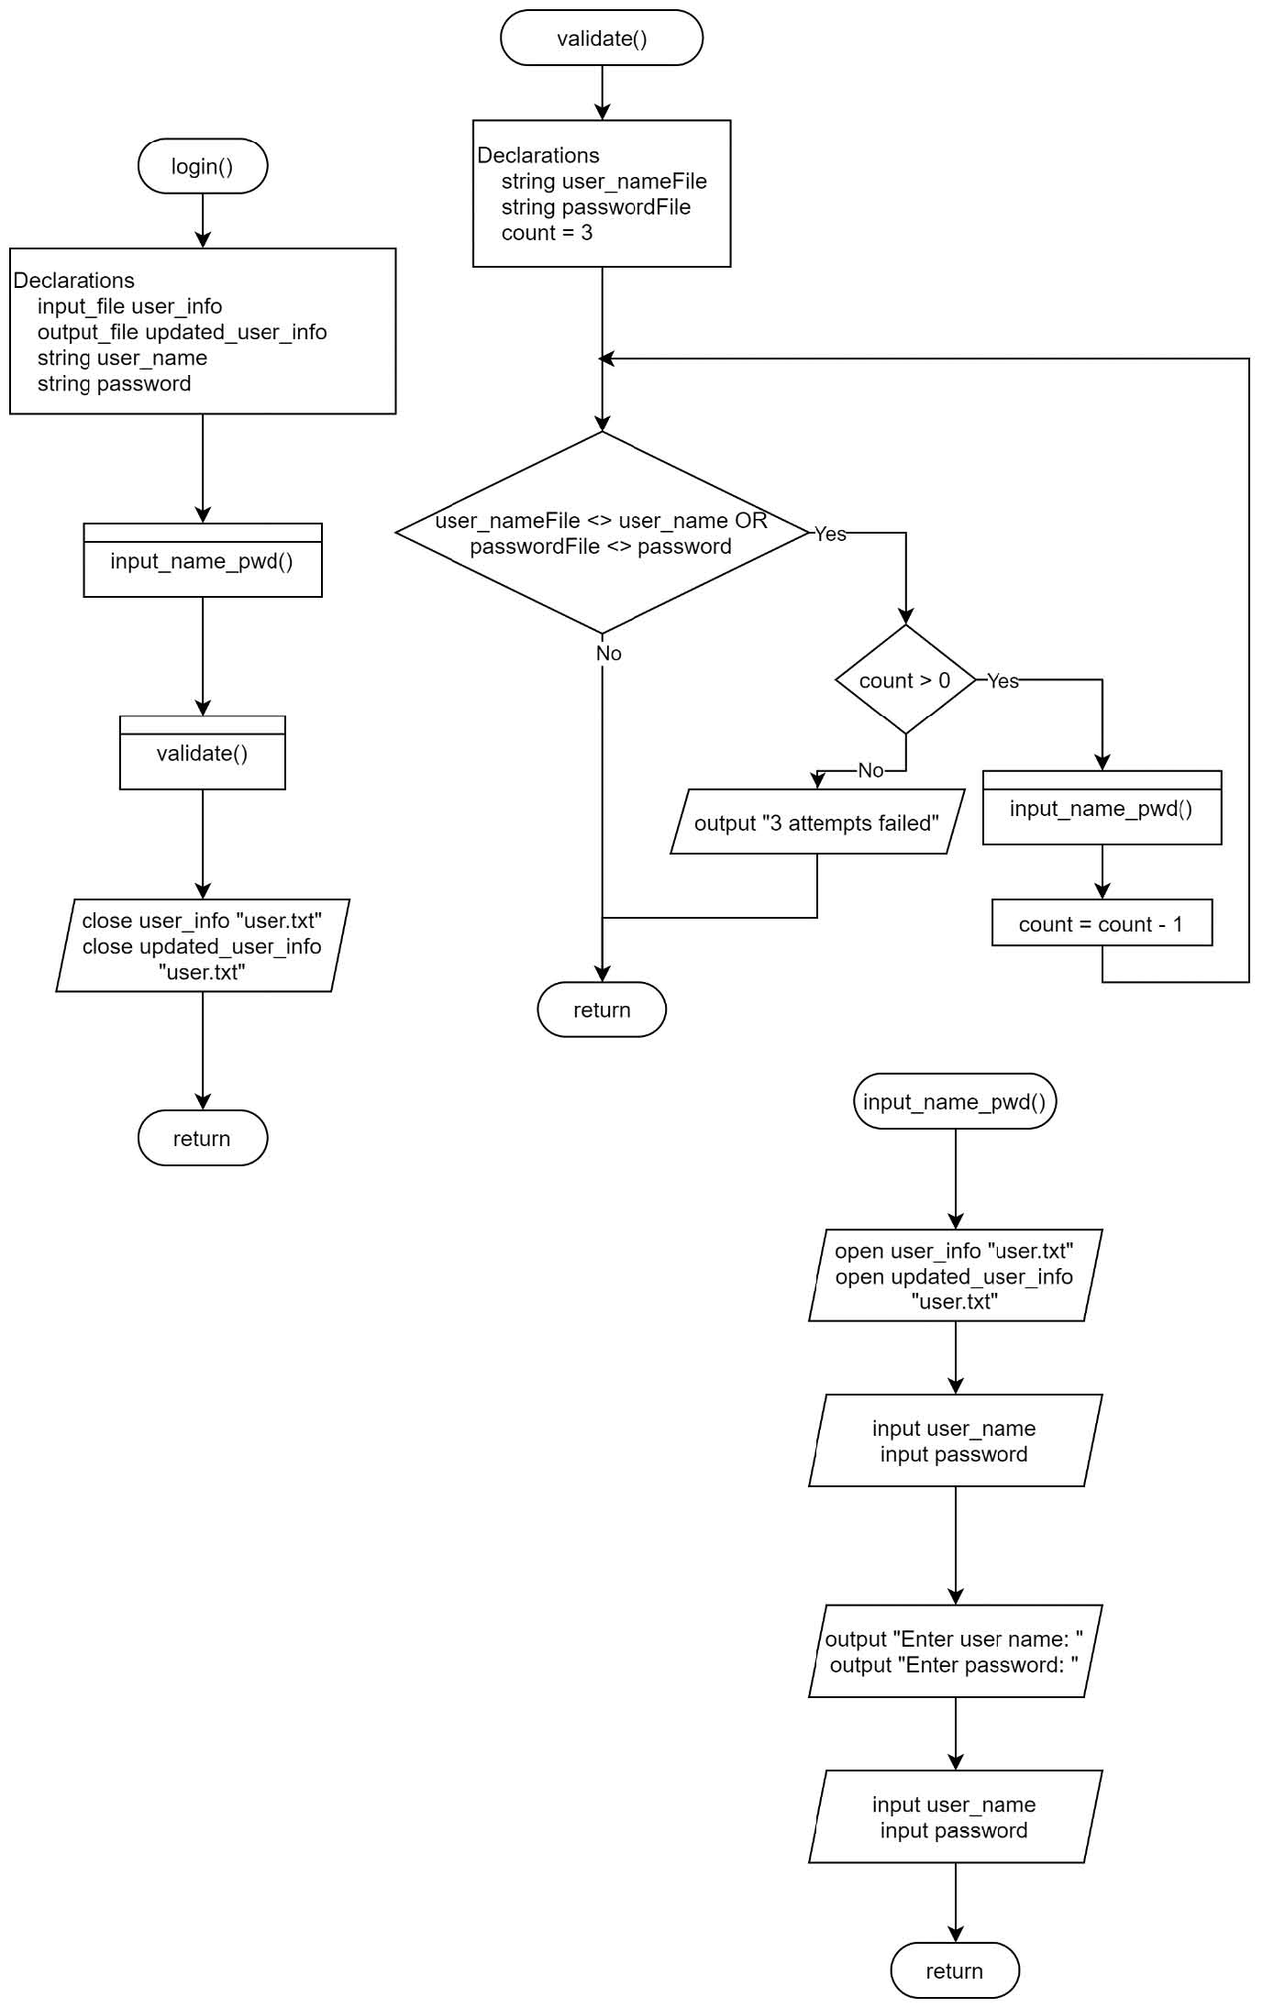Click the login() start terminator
pyautogui.click(x=202, y=166)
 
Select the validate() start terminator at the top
pyautogui.click(x=602, y=39)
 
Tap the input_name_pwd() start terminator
pyautogui.click(x=954, y=1101)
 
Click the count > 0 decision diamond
pyautogui.click(x=905, y=679)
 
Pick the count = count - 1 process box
pyautogui.click(x=1102, y=923)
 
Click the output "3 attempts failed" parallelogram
pyautogui.click(x=816, y=822)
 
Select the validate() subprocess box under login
pyautogui.click(x=202, y=753)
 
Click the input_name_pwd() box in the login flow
pyautogui.click(x=202, y=560)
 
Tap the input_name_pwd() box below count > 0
pyautogui.click(x=1102, y=808)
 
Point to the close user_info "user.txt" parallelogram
pyautogui.click(x=202, y=945)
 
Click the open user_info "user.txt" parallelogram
pyautogui.click(x=954, y=1275)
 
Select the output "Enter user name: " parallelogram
pyautogui.click(x=954, y=1651)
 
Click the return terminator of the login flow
pyautogui.click(x=202, y=1138)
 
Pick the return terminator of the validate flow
pyautogui.click(x=602, y=1010)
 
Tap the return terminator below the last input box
pyautogui.click(x=954, y=1970)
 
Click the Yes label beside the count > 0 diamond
pyautogui.click(x=1003, y=680)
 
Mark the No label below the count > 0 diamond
pyautogui.click(x=870, y=770)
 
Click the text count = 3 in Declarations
pyautogui.click(x=547, y=233)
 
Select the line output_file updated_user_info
pyautogui.click(x=182, y=332)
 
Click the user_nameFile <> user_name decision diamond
pyautogui.click(x=602, y=533)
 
